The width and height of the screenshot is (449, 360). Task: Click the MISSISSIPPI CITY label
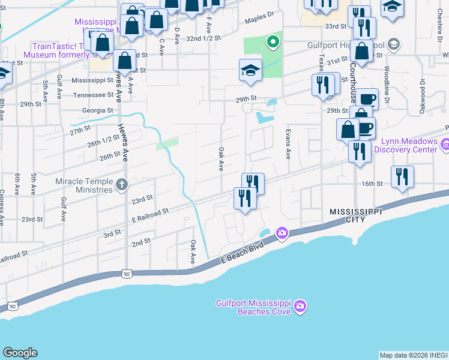pos(347,216)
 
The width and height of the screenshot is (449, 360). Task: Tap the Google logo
pos(20,353)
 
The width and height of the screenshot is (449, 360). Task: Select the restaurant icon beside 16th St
pos(402,177)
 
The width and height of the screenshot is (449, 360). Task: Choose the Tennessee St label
pos(93,95)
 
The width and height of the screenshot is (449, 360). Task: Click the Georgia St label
pos(98,110)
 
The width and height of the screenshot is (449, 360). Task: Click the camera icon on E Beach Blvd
pos(281,232)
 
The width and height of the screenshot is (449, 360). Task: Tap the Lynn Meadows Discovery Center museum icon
pos(445,145)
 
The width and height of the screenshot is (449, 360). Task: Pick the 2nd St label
pos(141,242)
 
